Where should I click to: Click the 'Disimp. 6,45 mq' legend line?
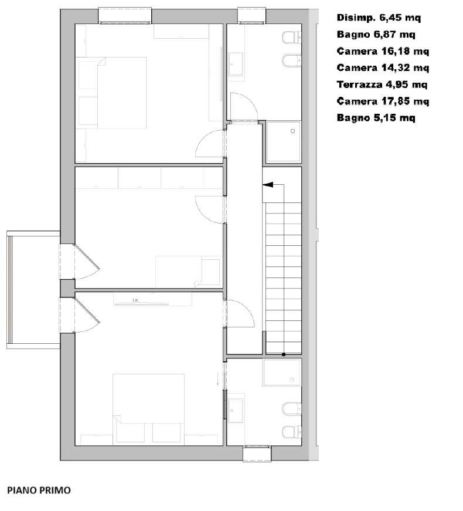pyautogui.click(x=379, y=18)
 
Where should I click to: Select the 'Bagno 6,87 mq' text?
pyautogui.click(x=376, y=34)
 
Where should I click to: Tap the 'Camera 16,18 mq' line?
pyautogui.click(x=383, y=51)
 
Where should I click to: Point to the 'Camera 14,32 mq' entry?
pyautogui.click(x=383, y=68)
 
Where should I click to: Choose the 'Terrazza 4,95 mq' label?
pyautogui.click(x=382, y=84)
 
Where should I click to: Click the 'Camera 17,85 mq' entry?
pyautogui.click(x=383, y=101)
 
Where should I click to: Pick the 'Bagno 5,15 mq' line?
pyautogui.click(x=376, y=118)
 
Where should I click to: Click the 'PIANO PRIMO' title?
pyautogui.click(x=39, y=490)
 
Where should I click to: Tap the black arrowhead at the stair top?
pyautogui.click(x=268, y=184)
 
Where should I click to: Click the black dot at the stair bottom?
pyautogui.click(x=284, y=354)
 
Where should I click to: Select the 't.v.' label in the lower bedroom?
pyautogui.click(x=136, y=300)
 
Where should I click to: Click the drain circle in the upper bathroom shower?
pyautogui.click(x=292, y=131)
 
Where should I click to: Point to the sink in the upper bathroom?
pyautogui.click(x=236, y=65)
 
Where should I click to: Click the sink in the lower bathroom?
pyautogui.click(x=236, y=410)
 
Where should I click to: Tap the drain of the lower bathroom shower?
pyautogui.click(x=291, y=380)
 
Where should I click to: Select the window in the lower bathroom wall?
pyautogui.click(x=257, y=454)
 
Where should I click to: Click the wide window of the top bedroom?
pyautogui.click(x=125, y=16)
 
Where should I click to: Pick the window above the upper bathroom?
pyautogui.click(x=251, y=16)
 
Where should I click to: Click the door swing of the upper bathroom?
pyautogui.click(x=244, y=107)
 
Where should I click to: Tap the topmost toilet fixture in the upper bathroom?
pyautogui.click(x=292, y=38)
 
